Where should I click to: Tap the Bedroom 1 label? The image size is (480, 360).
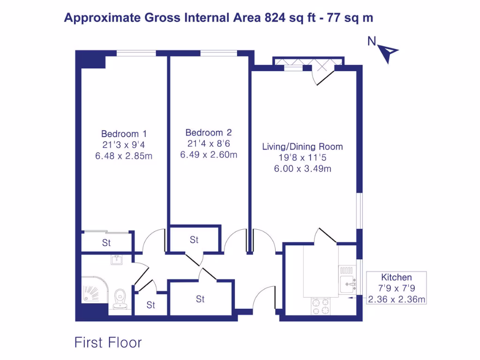pyautogui.click(x=124, y=134)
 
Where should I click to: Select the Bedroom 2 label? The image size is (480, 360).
pyautogui.click(x=208, y=133)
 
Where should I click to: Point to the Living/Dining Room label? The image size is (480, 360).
pyautogui.click(x=302, y=146)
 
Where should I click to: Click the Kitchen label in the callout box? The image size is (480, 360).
pyautogui.click(x=396, y=277)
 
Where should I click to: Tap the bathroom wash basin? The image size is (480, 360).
pyautogui.click(x=116, y=259)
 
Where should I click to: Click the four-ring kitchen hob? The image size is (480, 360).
pyautogui.click(x=321, y=306)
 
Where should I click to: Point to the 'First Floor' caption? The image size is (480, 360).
pyautogui.click(x=108, y=343)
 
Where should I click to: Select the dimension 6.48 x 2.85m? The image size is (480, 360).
pyautogui.click(x=124, y=156)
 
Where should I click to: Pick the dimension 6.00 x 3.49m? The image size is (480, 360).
pyautogui.click(x=302, y=168)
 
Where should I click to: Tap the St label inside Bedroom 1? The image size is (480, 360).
pyautogui.click(x=106, y=243)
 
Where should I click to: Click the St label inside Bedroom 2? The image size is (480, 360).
pyautogui.click(x=194, y=240)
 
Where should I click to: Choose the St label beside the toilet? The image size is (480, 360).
pyautogui.click(x=150, y=305)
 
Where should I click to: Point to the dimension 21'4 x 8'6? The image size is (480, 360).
pyautogui.click(x=208, y=143)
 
